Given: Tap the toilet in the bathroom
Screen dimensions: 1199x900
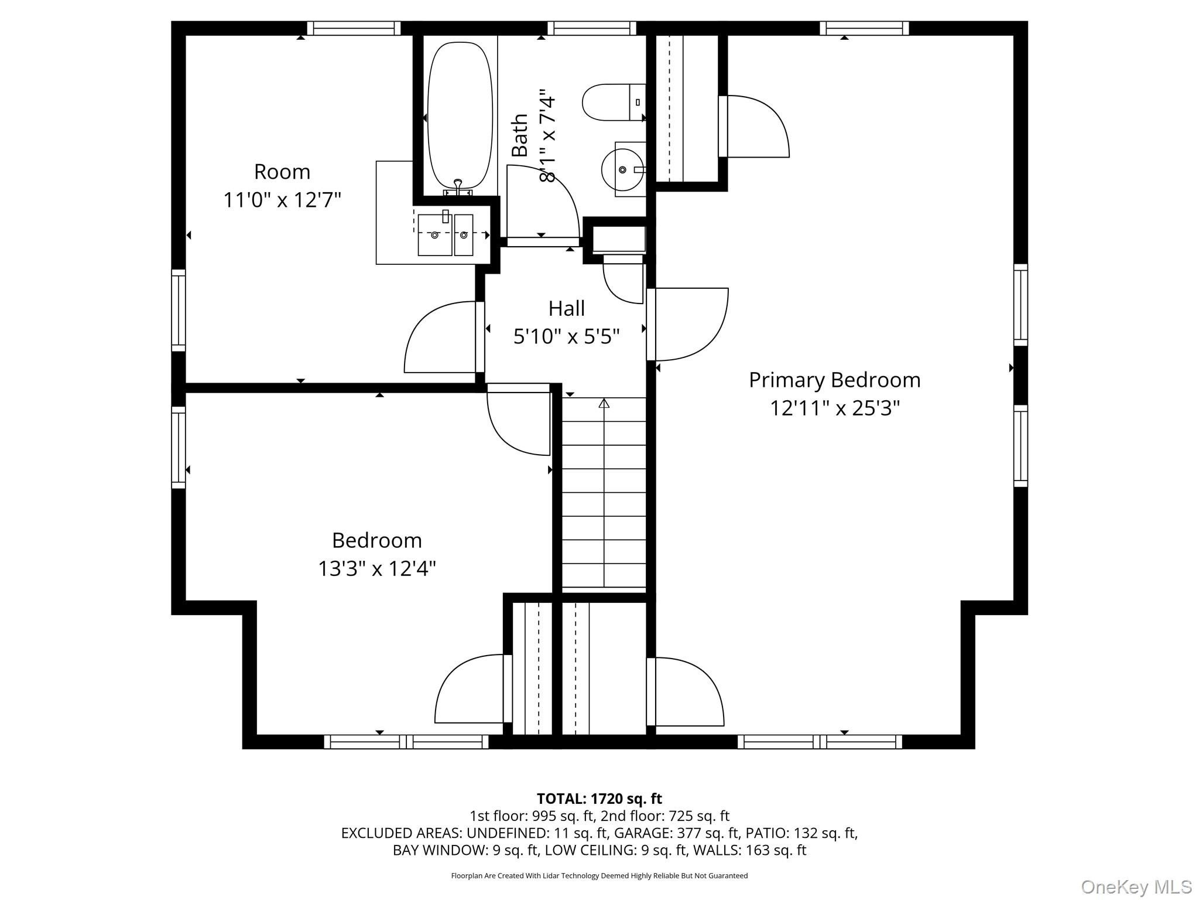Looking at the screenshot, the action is (614, 103).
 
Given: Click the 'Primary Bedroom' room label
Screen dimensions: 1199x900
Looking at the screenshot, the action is (835, 380).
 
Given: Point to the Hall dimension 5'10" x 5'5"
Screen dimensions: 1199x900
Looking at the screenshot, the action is (567, 336).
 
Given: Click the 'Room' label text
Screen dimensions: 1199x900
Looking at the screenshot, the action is (282, 172).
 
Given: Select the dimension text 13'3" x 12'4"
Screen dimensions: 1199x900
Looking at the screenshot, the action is (377, 568).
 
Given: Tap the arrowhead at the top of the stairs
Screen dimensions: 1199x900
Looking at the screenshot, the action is (604, 403).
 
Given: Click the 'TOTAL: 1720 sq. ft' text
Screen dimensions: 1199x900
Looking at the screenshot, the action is (599, 798).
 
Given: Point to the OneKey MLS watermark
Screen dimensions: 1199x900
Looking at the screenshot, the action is (1136, 887).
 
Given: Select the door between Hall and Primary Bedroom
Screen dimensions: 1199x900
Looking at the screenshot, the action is (687, 324).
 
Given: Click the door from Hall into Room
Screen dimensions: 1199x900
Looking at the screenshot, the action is (444, 336).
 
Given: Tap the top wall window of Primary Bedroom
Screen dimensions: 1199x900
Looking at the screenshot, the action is (864, 28).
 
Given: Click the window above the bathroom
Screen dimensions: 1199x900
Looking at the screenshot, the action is (591, 28).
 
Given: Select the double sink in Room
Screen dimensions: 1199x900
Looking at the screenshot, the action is (446, 235).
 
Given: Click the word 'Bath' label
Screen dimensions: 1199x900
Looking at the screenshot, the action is (519, 135).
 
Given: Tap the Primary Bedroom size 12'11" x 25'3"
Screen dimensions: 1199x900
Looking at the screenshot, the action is (835, 407).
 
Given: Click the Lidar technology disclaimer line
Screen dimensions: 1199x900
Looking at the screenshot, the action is (599, 875).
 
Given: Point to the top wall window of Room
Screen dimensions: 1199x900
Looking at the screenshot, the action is (354, 28).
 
